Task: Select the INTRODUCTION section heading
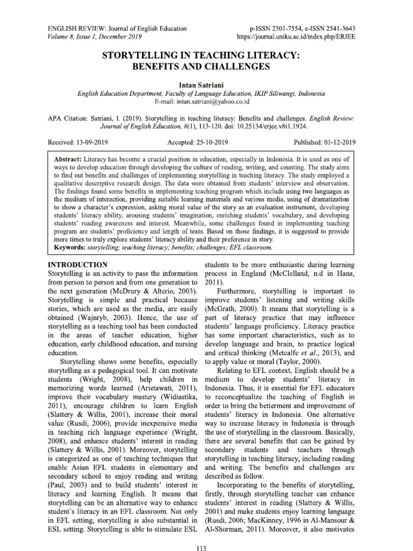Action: [78, 265]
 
